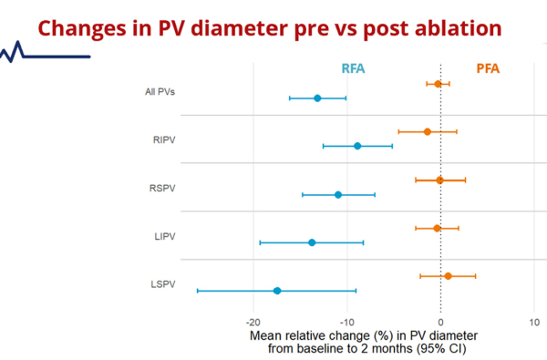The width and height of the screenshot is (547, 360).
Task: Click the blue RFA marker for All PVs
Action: point(317,98)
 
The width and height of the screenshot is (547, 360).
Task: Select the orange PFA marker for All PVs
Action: point(438,84)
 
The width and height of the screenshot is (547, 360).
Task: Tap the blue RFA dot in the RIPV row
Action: point(356,146)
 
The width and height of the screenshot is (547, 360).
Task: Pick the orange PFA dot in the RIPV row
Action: point(428,131)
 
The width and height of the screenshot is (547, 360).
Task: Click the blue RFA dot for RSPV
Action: point(338,194)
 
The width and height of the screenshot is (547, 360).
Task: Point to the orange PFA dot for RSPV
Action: point(439,180)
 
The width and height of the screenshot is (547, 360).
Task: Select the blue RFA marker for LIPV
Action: point(312,242)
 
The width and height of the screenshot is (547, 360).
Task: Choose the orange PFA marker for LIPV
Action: point(437,228)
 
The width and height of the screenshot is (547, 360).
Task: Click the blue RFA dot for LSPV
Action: point(277,291)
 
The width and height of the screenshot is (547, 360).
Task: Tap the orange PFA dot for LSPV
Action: point(448,276)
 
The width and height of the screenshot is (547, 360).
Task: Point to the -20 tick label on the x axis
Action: point(253,322)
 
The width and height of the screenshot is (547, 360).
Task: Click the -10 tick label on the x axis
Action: point(346,322)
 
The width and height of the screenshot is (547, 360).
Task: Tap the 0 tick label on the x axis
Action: point(440,322)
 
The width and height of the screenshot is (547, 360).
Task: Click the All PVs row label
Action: point(160,91)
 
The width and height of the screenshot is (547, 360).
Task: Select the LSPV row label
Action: point(162,284)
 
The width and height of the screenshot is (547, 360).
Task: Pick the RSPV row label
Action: point(162,188)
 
